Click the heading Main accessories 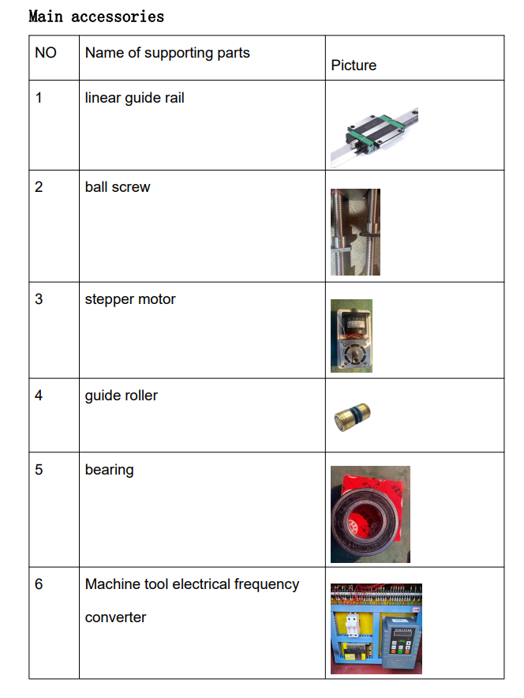(96, 17)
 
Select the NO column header (46, 53)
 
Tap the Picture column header (354, 66)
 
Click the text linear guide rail (134, 98)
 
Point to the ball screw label (118, 187)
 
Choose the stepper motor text (130, 299)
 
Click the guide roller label (121, 396)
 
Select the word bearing (109, 470)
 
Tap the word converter (115, 617)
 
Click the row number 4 (39, 396)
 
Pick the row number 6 (39, 584)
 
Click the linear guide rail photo (374, 137)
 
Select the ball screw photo (355, 232)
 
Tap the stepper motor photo (351, 336)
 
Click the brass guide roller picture (352, 417)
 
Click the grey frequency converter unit (401, 641)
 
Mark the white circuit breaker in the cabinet (352, 624)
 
